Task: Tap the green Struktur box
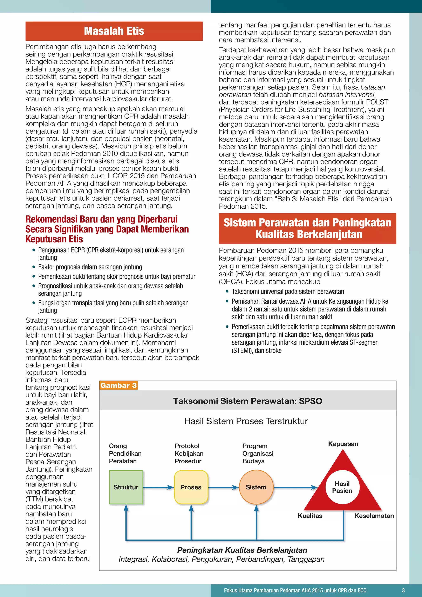[126, 487]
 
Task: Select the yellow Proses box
[191, 487]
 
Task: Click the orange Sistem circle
[256, 487]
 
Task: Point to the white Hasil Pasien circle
[342, 487]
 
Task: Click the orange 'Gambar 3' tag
[118, 385]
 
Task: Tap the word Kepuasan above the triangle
[343, 444]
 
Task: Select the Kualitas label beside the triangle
[310, 516]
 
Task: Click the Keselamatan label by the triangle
[374, 516]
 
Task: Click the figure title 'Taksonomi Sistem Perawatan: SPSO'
[248, 401]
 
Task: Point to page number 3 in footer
[403, 590]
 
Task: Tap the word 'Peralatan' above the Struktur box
[123, 461]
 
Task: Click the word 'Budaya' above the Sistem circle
[253, 461]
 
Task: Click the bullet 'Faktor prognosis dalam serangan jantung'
[90, 267]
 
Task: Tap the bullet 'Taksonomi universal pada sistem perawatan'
[288, 291]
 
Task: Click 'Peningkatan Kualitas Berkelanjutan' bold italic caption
[242, 550]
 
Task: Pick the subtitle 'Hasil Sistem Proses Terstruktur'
[246, 421]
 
